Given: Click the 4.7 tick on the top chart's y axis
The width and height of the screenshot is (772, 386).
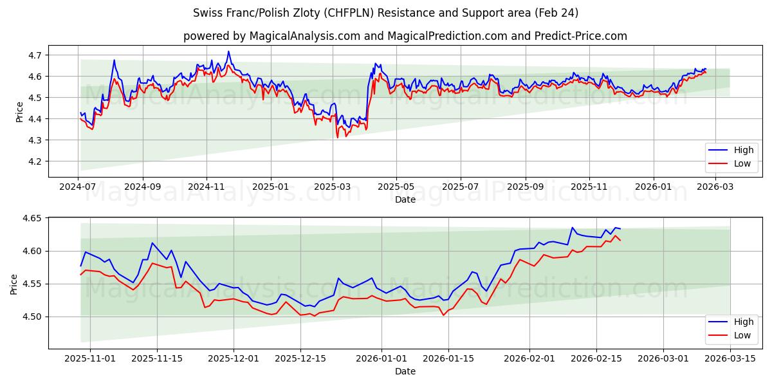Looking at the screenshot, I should point(35,55).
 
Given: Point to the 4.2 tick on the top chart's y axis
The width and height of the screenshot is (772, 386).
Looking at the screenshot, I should point(35,161).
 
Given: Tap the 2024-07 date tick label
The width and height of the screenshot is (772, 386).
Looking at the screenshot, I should point(78,187).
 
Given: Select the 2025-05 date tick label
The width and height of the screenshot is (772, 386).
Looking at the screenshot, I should point(396,187).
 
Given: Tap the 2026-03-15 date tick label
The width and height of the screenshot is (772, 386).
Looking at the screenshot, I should point(730,358).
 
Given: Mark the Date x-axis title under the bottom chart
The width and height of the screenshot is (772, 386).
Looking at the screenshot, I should point(405,371).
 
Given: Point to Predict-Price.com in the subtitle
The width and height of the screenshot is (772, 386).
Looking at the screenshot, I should point(582,36).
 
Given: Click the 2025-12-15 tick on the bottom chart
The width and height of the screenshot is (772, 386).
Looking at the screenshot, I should point(300,358).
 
